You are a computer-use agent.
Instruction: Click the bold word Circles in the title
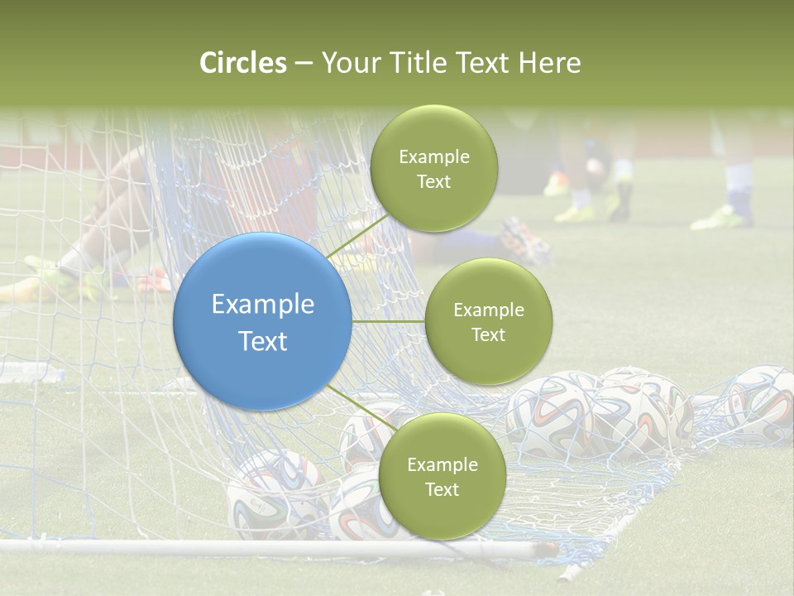(x=243, y=63)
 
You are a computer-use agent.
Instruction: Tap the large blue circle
(x=262, y=321)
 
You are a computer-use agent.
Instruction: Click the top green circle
(x=433, y=168)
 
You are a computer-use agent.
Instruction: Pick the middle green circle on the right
(x=488, y=321)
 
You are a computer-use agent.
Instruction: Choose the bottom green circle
(x=442, y=476)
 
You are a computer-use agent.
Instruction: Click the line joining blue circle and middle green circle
(x=388, y=321)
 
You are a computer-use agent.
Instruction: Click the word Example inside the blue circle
(x=262, y=305)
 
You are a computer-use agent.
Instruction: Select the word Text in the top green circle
(x=433, y=181)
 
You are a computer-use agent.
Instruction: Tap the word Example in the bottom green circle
(x=442, y=464)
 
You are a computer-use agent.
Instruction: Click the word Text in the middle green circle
(x=488, y=334)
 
